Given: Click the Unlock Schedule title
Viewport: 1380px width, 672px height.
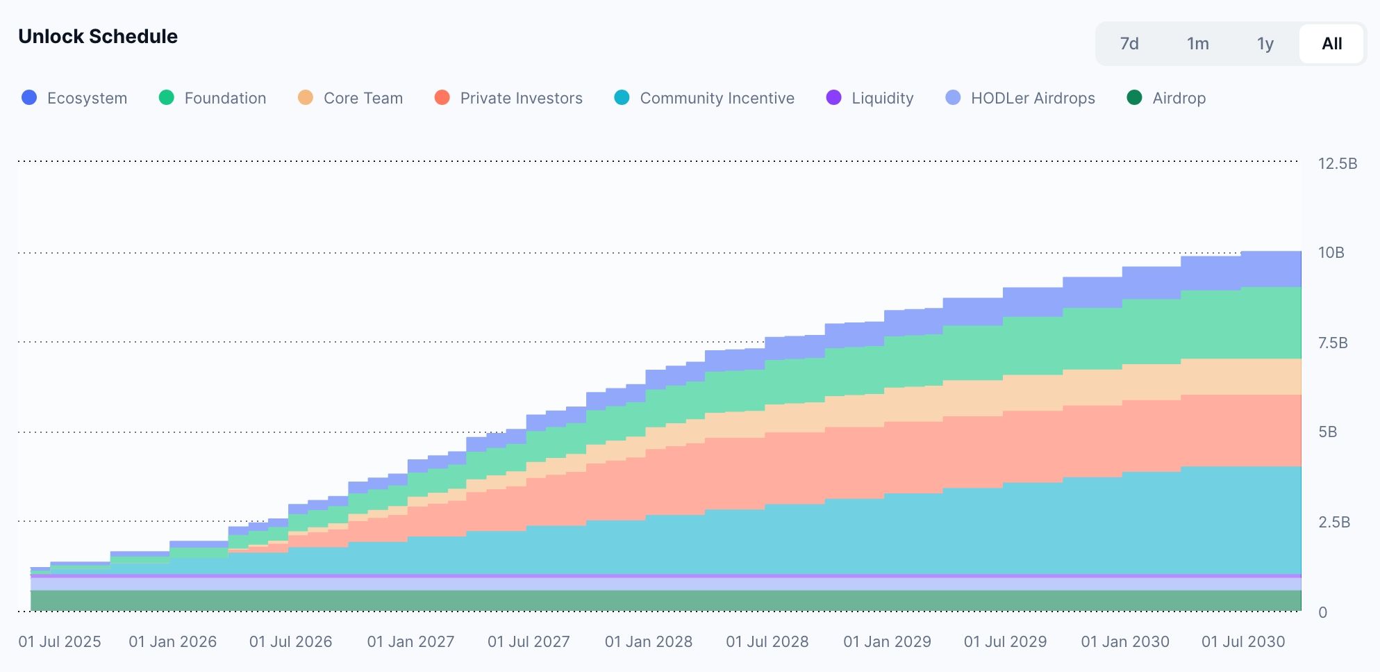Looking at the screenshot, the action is pos(98,36).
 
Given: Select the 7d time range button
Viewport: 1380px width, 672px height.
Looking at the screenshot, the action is pos(1129,44).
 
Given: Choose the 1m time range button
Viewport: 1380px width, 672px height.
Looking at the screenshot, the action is pos(1197,44).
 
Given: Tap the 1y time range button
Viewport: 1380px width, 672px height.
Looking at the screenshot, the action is pos(1265,44).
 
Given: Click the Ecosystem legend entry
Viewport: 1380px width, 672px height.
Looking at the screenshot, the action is pos(74,98).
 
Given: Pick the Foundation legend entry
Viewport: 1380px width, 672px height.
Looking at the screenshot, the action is pos(213,98).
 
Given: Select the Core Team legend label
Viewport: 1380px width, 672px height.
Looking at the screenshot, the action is pos(363,98).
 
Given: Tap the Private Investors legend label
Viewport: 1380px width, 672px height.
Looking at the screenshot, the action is pos(522,98).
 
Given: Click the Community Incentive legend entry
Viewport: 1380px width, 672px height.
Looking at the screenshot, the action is pos(704,98).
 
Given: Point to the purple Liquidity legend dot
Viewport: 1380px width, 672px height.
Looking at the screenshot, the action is pos(833,98).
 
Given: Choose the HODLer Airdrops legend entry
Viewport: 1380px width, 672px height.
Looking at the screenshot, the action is pos(1020,98).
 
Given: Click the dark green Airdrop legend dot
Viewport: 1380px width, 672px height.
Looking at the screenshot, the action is pos(1134,98).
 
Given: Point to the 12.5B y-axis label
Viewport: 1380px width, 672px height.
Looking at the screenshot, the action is pos(1338,164).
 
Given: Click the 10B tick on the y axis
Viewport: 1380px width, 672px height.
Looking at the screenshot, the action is pos(1331,253).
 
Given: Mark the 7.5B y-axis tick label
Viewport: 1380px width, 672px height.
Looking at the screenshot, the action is pos(1333,343).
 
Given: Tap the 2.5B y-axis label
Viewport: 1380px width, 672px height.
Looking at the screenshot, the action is pos(1334,522).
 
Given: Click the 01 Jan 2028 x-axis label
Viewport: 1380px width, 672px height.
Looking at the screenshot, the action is pos(649,641).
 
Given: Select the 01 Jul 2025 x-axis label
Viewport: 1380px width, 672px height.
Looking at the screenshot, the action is pos(60,641).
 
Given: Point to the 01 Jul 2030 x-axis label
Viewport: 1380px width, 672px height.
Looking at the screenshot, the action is pos(1243,641).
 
